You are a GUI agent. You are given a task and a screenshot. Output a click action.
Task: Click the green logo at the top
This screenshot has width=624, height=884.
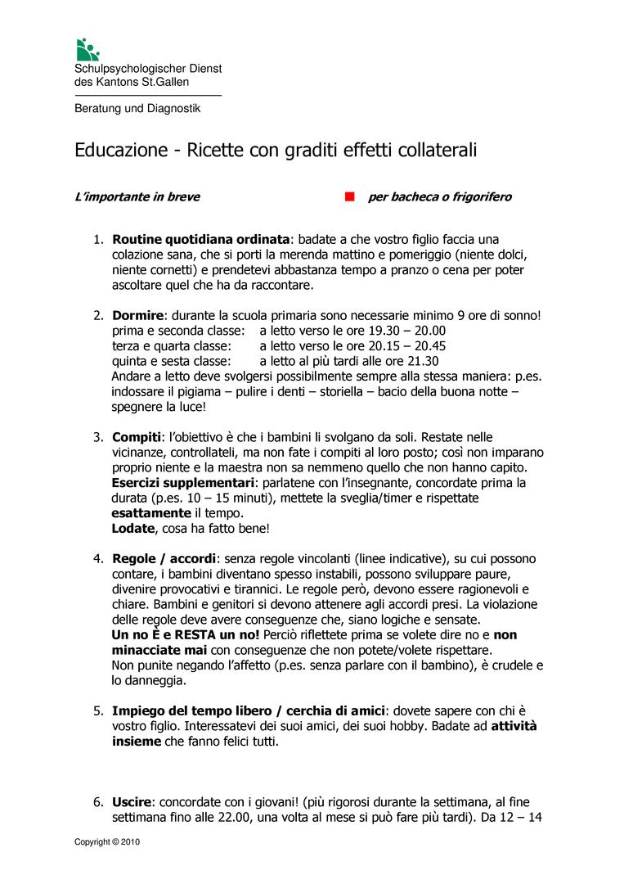(86, 49)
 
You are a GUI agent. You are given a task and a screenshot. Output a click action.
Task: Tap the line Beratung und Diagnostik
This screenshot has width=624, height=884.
(137, 108)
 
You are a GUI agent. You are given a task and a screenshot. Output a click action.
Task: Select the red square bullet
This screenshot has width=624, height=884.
(349, 197)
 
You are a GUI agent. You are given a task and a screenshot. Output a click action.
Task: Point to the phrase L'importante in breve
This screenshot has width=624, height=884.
(137, 197)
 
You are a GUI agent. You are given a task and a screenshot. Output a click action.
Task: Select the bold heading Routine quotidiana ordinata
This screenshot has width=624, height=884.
(200, 240)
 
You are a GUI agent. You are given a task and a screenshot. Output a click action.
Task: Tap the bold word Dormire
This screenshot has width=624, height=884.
(137, 315)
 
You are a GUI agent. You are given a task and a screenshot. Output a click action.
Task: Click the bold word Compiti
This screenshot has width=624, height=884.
(136, 437)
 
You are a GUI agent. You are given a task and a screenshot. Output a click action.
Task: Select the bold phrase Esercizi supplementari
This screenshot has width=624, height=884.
(183, 483)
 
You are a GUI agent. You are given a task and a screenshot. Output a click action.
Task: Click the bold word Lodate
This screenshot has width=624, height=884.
(132, 529)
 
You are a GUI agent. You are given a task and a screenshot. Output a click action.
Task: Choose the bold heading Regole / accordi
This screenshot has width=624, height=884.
(164, 559)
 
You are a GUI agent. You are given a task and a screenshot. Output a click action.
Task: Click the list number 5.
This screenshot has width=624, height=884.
(97, 710)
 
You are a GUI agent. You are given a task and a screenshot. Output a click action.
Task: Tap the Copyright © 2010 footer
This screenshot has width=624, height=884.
(107, 841)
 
